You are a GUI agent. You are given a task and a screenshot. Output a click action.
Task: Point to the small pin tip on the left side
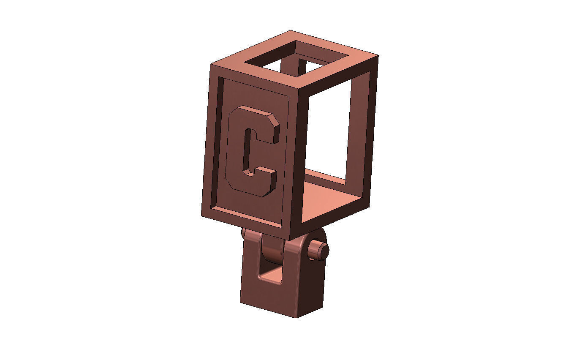click(x=243, y=232)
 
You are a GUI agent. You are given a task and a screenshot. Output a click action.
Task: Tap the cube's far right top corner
click(x=377, y=56)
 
